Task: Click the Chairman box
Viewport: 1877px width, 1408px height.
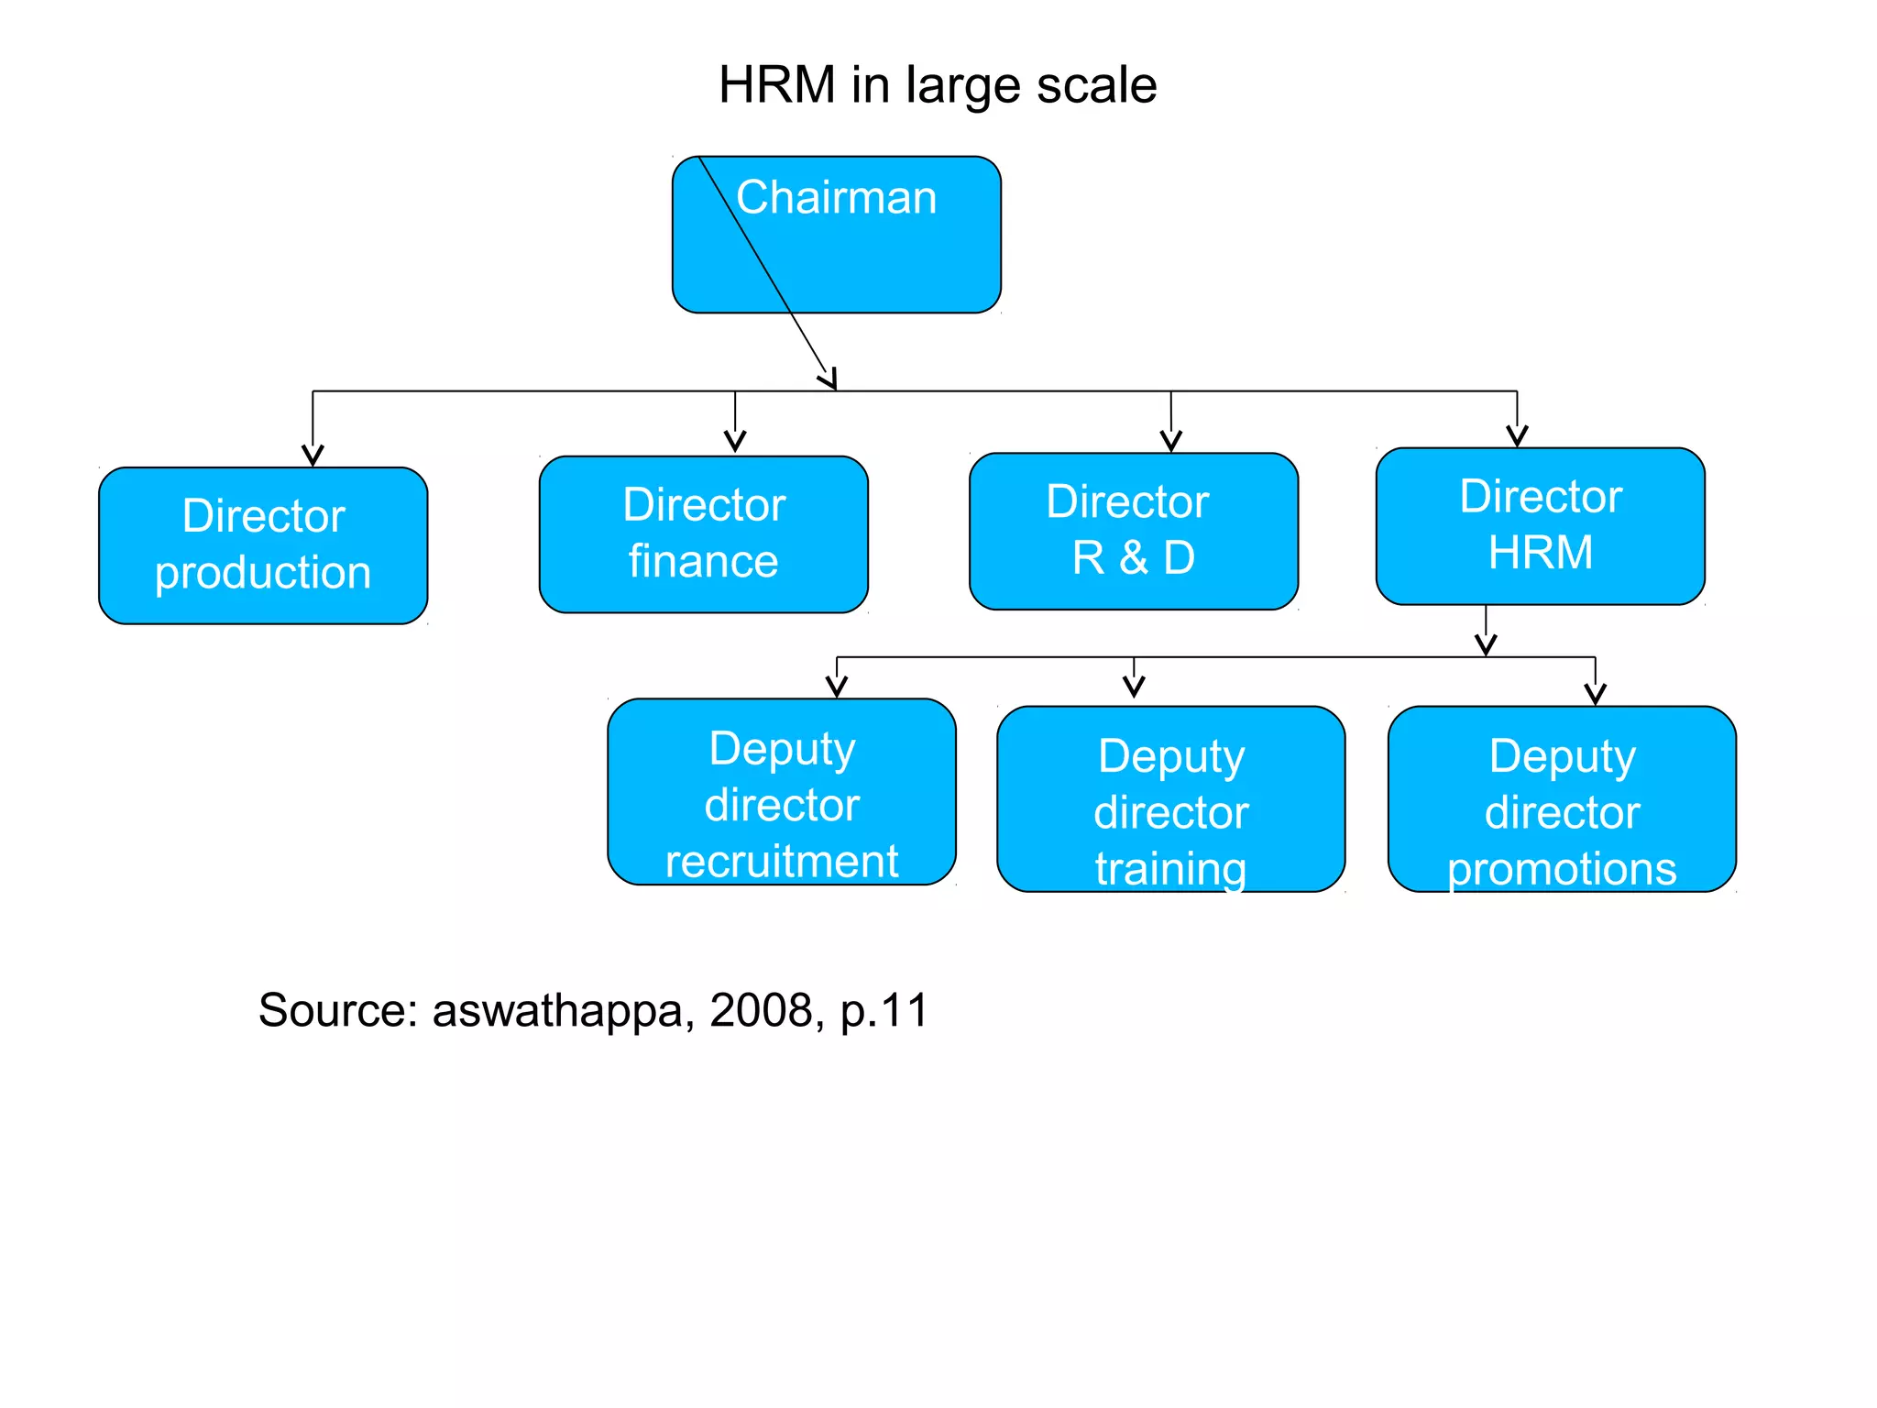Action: tap(836, 236)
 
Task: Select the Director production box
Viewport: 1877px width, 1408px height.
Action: tap(263, 545)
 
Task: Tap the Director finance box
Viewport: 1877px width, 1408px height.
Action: tap(703, 534)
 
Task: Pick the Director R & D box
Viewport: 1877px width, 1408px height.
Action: tap(1133, 532)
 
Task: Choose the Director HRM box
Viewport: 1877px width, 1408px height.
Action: tap(1540, 526)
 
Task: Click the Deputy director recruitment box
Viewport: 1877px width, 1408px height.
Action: tap(781, 792)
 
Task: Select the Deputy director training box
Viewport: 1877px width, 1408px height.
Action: tap(1170, 798)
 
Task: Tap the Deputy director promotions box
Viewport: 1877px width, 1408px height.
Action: tap(1562, 798)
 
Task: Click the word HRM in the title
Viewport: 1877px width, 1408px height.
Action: tap(776, 85)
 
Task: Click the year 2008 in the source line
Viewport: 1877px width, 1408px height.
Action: tap(761, 1010)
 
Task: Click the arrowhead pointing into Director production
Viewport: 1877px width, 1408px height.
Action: tap(313, 456)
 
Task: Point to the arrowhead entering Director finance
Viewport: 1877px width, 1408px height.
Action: tap(735, 443)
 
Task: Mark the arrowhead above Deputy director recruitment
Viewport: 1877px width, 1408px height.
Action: tap(836, 687)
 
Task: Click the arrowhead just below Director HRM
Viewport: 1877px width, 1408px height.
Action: tap(1486, 645)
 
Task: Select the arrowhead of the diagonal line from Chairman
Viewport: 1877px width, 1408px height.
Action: tap(829, 380)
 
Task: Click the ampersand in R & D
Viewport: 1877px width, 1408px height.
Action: tap(1133, 557)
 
